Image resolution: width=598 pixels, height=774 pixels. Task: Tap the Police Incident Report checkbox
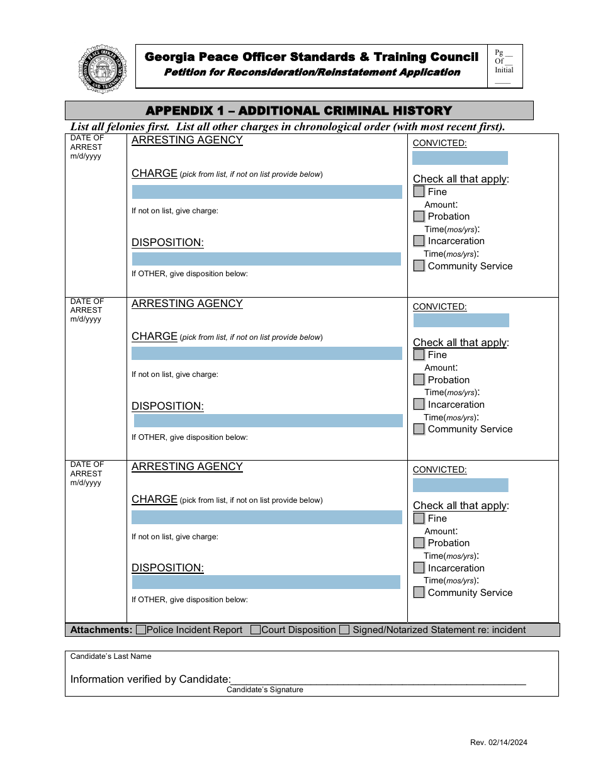point(141,630)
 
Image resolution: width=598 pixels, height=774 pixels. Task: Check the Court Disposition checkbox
point(256,630)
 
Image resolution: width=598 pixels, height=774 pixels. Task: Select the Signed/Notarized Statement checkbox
point(344,630)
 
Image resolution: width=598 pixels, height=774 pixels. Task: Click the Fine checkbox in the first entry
point(419,192)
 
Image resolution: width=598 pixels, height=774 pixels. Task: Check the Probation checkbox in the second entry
point(419,380)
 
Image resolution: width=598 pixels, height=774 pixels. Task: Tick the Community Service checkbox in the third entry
point(419,593)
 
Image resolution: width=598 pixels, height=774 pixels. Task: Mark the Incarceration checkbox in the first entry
point(419,241)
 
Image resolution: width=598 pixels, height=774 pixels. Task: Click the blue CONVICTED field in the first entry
point(460,158)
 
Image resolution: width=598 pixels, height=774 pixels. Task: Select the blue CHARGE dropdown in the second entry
point(267,354)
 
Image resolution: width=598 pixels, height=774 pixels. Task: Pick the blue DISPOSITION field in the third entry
point(266,582)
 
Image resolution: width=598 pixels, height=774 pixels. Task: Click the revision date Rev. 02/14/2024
point(499,743)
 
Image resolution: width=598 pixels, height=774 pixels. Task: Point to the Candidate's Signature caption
point(265,690)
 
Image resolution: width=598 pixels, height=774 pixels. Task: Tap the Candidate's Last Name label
point(111,656)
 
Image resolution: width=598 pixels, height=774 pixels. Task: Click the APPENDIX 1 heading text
point(299,111)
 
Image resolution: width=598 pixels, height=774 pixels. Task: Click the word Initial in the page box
point(504,70)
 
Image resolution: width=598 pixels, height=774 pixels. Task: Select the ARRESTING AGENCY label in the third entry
point(187,467)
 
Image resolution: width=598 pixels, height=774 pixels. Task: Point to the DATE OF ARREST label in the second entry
point(87,310)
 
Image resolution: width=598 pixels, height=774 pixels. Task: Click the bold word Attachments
point(101,630)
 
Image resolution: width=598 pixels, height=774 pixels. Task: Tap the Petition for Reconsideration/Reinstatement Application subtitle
point(312,72)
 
